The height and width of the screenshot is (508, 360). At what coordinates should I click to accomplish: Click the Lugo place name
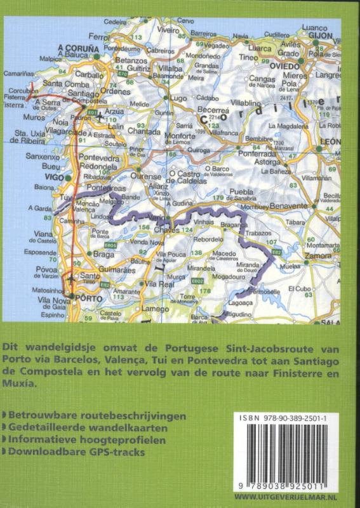pyautogui.click(x=179, y=98)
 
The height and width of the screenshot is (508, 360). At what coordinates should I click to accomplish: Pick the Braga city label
pyautogui.click(x=103, y=255)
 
